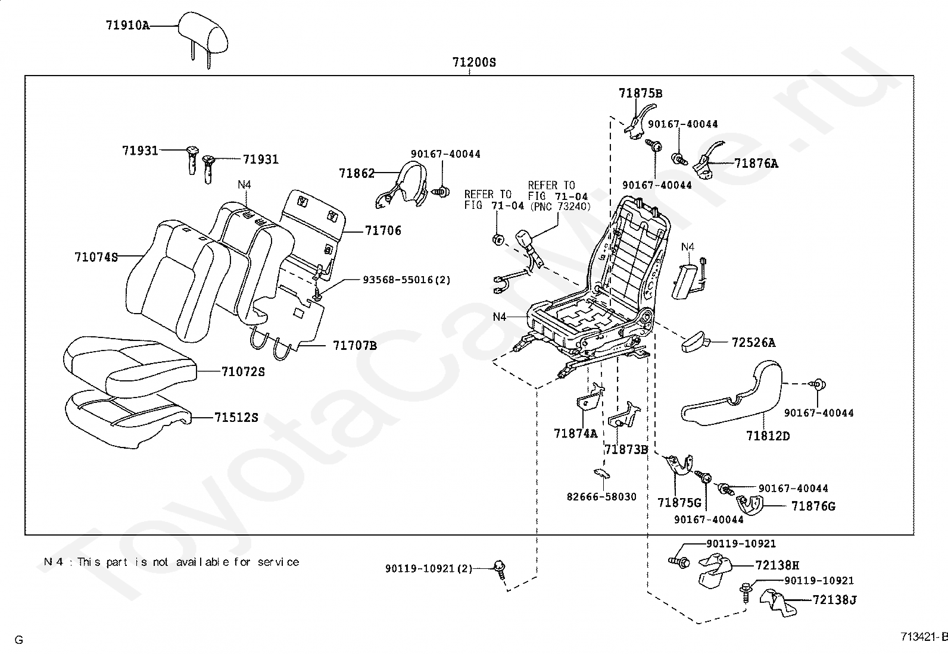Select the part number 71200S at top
(x=473, y=62)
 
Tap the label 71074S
(x=96, y=257)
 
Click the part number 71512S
(x=236, y=418)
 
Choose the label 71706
(x=383, y=231)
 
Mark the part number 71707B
(x=354, y=345)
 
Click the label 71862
(x=357, y=173)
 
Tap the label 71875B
(x=640, y=93)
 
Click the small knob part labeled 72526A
(x=694, y=343)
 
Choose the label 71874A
(x=575, y=433)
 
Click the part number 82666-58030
(x=601, y=496)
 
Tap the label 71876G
(x=813, y=506)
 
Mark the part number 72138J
(x=834, y=600)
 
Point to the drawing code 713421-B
(x=924, y=636)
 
